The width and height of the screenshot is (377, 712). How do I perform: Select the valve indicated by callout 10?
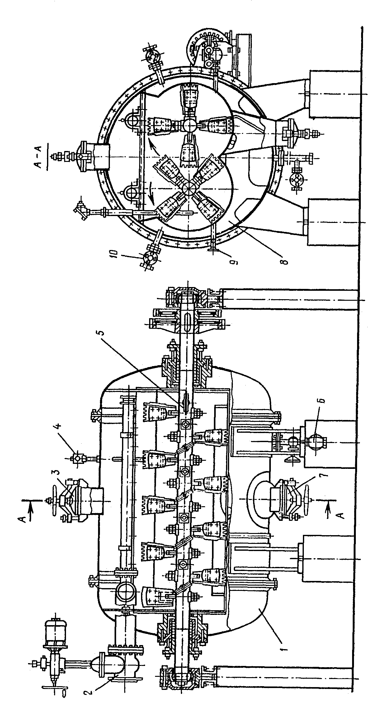(x=149, y=258)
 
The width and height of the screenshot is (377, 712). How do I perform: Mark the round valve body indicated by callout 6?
(x=315, y=442)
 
